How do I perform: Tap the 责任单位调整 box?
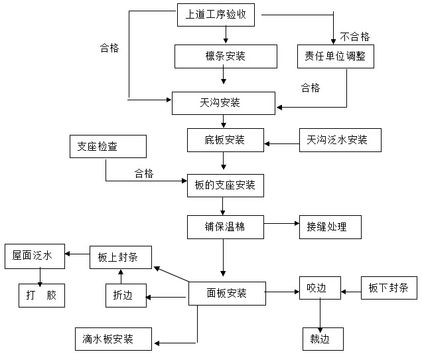point(335,56)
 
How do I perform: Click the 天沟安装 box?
point(223,103)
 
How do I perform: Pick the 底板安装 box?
point(225,140)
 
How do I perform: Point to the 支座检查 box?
point(107,146)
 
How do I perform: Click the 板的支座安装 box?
point(225,185)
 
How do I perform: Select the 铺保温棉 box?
point(225,227)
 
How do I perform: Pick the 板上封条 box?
point(121,257)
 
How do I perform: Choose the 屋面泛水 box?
point(36,256)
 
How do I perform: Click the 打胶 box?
point(42,295)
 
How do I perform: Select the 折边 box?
point(123,296)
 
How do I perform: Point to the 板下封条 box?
point(389,288)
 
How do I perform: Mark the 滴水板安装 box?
point(113,339)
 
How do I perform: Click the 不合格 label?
point(355,36)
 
